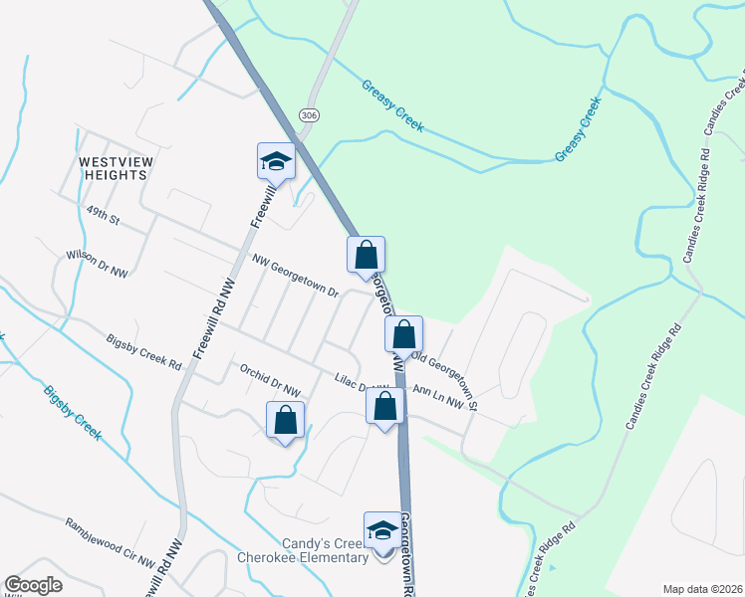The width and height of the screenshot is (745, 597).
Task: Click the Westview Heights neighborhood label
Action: [x=113, y=167]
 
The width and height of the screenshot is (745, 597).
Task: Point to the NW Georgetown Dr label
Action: [x=296, y=279]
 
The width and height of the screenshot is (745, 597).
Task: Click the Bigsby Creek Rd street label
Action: [x=144, y=353]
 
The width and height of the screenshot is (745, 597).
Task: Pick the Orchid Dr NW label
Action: [x=269, y=379]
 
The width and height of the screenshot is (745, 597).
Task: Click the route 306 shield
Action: [x=309, y=115]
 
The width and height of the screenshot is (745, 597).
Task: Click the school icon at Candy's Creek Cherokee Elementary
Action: [x=382, y=531]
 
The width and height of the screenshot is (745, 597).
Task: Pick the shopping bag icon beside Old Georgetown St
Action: [x=403, y=334]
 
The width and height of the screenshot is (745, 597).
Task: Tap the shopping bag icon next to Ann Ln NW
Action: [x=384, y=407]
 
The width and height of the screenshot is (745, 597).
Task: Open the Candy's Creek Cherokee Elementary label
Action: [x=303, y=550]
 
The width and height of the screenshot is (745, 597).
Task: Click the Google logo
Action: [x=34, y=585]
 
